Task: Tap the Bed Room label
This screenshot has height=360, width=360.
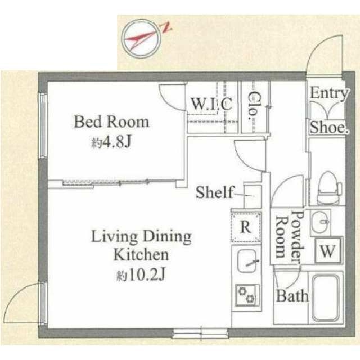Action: (111, 122)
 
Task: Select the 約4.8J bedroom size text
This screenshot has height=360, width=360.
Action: (111, 142)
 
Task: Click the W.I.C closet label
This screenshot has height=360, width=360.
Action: (211, 103)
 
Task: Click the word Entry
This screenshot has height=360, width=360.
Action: (329, 93)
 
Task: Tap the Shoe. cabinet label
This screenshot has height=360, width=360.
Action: (329, 127)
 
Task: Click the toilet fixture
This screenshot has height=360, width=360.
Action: (328, 188)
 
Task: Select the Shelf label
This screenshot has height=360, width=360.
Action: (215, 192)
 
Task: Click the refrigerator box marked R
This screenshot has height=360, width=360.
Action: (246, 227)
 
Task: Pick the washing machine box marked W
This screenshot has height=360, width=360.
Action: (327, 250)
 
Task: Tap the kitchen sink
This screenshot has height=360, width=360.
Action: (247, 261)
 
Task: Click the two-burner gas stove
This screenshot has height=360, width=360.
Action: (247, 295)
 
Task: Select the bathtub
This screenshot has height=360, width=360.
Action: (325, 298)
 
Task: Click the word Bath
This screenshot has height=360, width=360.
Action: (292, 296)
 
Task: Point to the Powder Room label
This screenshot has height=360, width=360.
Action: (290, 237)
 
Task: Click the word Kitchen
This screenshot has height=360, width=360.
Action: (141, 254)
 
